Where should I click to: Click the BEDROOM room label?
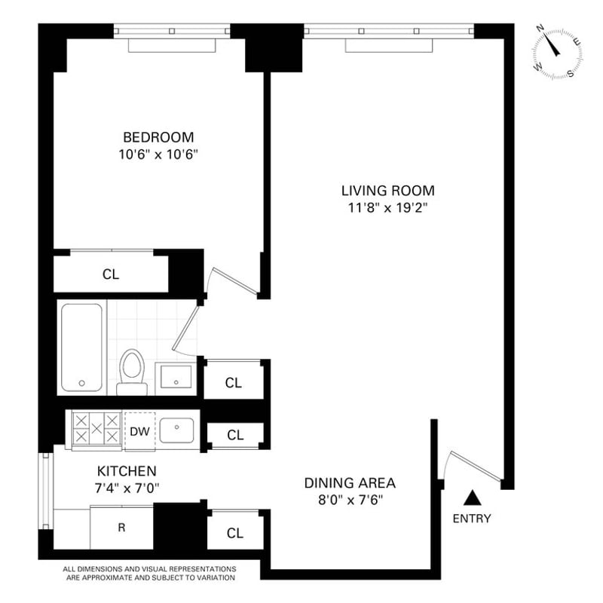click(158, 137)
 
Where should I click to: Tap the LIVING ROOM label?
click(388, 191)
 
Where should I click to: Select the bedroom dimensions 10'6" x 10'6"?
click(158, 155)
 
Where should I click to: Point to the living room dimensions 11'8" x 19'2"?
click(388, 208)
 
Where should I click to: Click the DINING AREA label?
click(350, 482)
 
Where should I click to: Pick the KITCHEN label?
click(127, 470)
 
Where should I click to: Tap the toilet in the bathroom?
click(132, 372)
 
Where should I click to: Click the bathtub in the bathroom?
click(82, 347)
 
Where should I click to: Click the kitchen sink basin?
click(176, 430)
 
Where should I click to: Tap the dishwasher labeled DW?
click(139, 431)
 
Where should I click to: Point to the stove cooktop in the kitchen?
click(96, 429)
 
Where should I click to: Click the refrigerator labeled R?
click(121, 528)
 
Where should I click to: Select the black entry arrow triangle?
click(473, 498)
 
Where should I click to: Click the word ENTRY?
click(472, 519)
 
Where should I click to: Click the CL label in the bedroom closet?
click(111, 274)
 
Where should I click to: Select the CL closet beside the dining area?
click(235, 533)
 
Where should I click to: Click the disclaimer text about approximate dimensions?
click(149, 574)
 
